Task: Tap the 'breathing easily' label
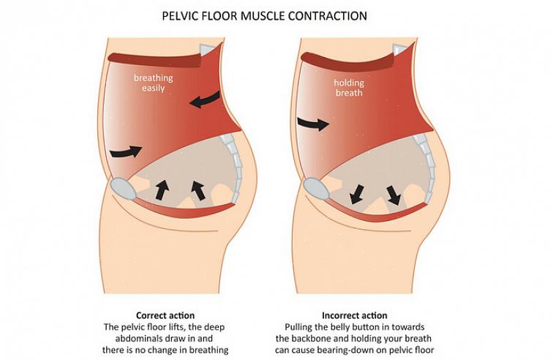154,83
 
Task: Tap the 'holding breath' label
349,88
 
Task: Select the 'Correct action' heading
165,315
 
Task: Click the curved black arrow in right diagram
313,124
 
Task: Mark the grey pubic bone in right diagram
317,190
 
